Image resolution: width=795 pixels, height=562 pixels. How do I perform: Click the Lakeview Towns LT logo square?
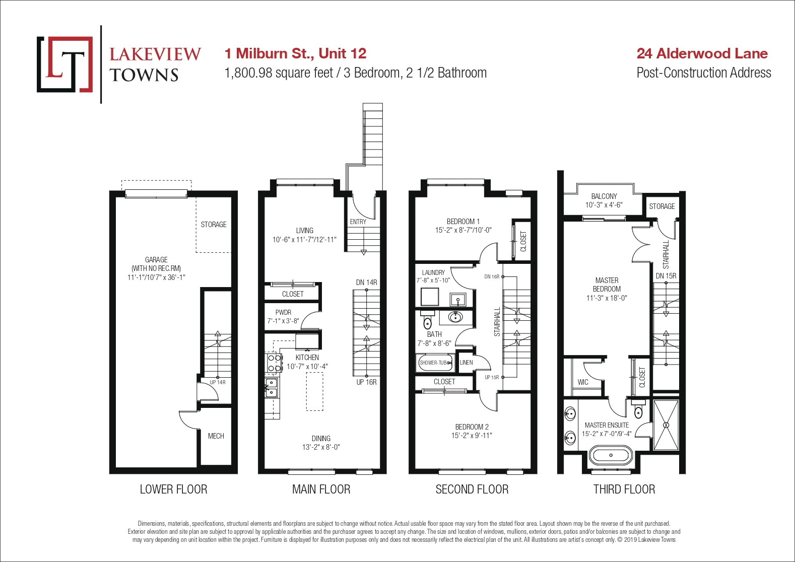click(x=64, y=64)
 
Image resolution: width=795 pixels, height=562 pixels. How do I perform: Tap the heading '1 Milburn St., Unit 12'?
click(x=295, y=53)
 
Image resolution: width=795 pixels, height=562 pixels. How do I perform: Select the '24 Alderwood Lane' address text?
click(x=702, y=53)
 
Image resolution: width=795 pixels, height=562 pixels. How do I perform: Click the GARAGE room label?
click(x=156, y=259)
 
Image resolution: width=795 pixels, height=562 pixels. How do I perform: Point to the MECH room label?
click(x=216, y=436)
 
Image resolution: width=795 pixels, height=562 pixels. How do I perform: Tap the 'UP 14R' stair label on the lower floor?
click(x=217, y=383)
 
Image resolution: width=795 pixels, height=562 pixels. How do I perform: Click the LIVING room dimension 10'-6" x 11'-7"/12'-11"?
click(x=304, y=240)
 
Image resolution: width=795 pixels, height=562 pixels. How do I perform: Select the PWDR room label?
click(x=283, y=312)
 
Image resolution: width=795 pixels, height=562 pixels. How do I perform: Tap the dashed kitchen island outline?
click(x=315, y=391)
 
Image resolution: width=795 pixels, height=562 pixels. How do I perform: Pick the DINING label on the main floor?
click(x=321, y=439)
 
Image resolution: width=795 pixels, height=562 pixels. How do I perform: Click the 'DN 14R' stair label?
click(x=367, y=283)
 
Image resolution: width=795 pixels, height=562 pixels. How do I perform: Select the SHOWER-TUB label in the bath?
click(x=433, y=363)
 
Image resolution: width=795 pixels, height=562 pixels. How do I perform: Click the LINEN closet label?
click(x=466, y=362)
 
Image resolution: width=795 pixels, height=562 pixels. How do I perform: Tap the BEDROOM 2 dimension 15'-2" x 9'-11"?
click(x=472, y=435)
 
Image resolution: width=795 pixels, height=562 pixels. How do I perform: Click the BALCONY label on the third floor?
click(x=604, y=196)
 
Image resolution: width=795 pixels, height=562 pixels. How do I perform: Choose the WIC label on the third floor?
click(x=583, y=382)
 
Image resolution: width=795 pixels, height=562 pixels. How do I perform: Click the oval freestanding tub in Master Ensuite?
click(x=611, y=455)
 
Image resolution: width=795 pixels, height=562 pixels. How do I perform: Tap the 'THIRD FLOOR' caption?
click(x=624, y=489)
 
